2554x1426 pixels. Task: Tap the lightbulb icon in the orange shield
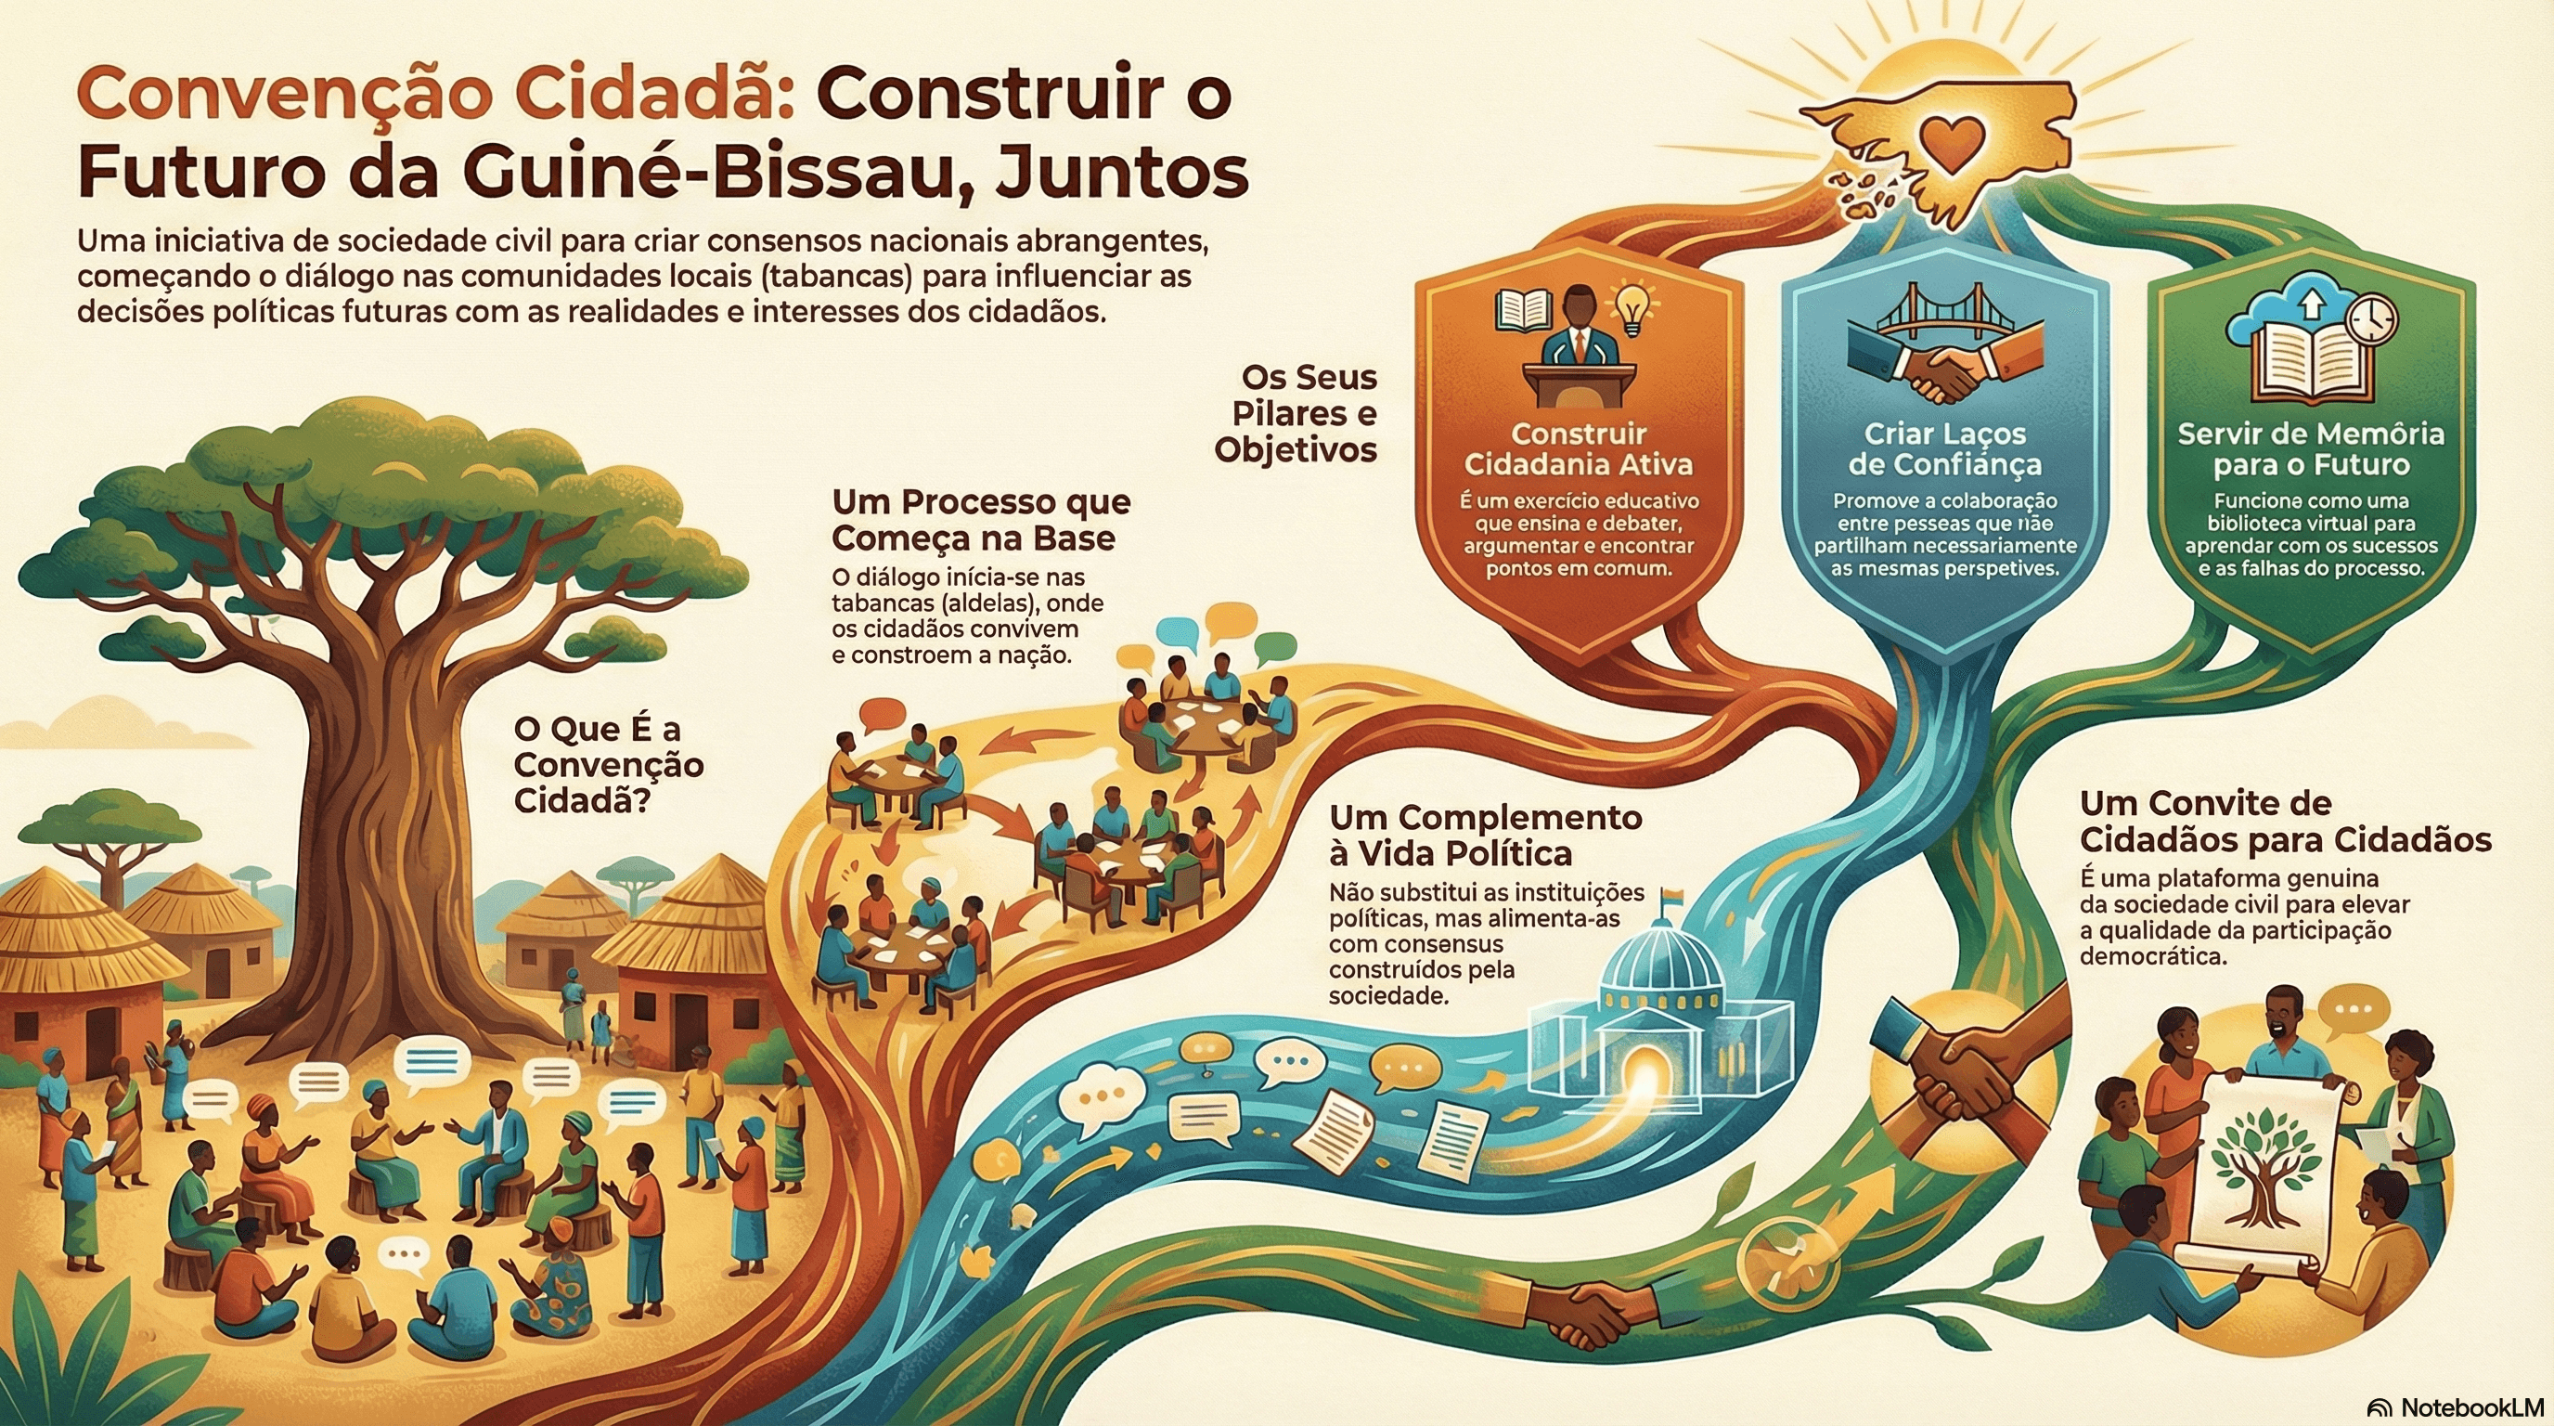coord(1630,308)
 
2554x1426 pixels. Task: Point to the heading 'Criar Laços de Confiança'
coord(1944,448)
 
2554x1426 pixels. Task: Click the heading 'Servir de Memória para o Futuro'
coord(2310,448)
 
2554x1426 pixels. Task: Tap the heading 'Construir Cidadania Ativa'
coord(1579,448)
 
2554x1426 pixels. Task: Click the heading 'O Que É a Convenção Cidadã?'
coord(609,765)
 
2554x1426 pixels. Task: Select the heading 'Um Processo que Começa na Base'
coord(981,520)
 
